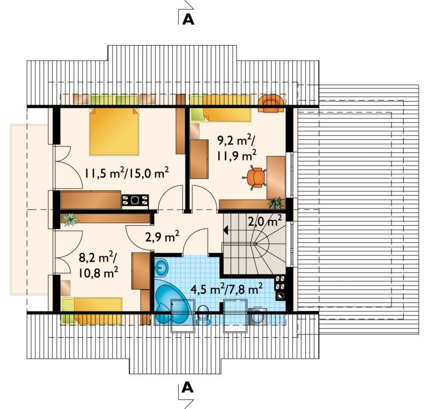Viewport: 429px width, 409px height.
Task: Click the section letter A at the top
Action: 188,19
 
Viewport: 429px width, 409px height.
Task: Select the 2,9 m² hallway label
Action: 162,236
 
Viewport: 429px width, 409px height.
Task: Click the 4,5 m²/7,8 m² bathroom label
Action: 226,289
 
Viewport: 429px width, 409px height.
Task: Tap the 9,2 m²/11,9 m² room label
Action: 236,148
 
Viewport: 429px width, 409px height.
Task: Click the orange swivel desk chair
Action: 255,177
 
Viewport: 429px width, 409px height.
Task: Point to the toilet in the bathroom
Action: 203,315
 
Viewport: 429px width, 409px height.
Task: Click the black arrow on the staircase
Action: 226,230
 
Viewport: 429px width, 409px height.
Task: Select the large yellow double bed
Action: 114,131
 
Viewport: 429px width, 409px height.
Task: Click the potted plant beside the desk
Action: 275,203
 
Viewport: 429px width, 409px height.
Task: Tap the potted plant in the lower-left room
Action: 71,219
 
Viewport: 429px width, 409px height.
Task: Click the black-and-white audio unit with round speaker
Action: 135,200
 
